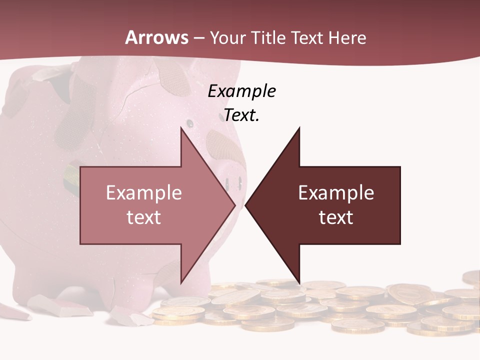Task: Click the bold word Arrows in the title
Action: coord(156,37)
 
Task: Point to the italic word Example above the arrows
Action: coord(241,91)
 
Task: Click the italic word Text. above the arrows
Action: coord(241,115)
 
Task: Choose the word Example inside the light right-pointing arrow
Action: coord(144,192)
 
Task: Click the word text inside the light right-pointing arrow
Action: coord(144,217)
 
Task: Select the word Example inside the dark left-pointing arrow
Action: coord(336,192)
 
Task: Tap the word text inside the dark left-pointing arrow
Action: coord(336,217)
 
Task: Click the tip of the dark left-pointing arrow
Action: coord(246,205)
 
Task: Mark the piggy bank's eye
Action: coord(189,122)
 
